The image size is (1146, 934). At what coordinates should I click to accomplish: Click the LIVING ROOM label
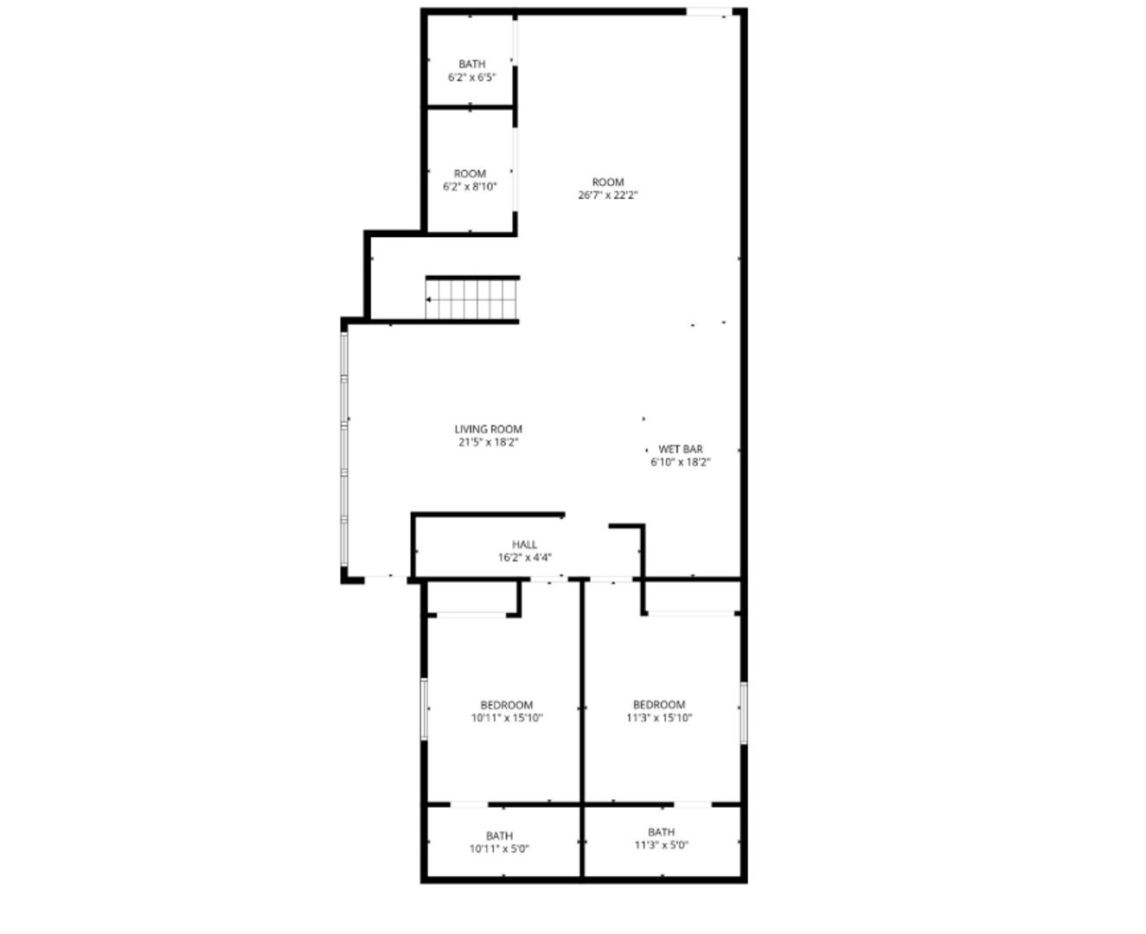pos(488,429)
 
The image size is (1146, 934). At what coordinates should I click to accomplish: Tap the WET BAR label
pos(680,449)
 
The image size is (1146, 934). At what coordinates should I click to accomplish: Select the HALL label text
pos(524,545)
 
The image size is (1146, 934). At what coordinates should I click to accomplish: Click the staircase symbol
pos(472,299)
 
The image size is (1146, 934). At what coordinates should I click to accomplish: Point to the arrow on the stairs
pos(430,300)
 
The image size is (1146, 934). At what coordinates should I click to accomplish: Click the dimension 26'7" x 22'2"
pos(607,195)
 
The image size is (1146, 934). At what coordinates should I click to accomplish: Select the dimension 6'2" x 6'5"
pos(471,77)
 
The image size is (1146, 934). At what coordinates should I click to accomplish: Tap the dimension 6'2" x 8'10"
pos(470,186)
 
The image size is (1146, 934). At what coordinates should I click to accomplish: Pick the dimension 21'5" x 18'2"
pos(488,442)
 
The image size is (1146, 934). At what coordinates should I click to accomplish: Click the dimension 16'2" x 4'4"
pos(524,558)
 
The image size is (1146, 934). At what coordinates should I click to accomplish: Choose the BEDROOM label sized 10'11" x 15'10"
pos(507,705)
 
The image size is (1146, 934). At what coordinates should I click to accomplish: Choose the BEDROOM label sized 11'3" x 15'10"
pos(659,705)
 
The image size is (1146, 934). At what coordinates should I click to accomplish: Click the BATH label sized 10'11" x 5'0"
pos(499,835)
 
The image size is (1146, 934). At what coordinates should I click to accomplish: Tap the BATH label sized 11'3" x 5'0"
pos(661,832)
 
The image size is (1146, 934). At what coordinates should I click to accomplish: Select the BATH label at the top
pos(471,64)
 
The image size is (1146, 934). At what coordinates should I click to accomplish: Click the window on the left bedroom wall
pos(424,709)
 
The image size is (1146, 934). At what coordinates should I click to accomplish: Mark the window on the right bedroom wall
pos(743,712)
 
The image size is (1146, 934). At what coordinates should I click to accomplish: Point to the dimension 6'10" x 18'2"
pos(681,462)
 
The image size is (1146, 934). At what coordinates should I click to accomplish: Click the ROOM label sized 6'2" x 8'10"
pos(470,173)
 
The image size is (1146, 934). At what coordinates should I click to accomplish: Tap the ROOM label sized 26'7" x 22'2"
pos(607,182)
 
